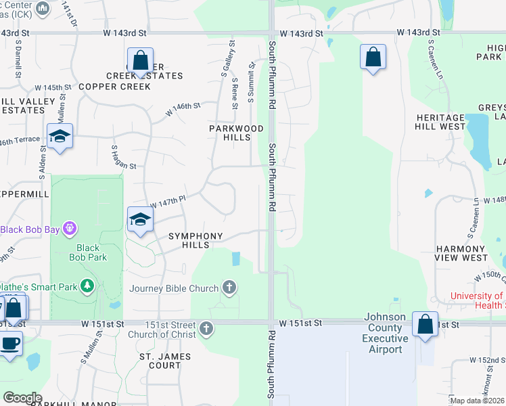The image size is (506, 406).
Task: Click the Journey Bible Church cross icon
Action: point(229,288)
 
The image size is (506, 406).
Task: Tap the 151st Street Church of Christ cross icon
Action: point(206,330)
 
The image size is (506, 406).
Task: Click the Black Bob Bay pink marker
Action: point(68,229)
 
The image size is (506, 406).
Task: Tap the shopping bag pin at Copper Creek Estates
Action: point(140,61)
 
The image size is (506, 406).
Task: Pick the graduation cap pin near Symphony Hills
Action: point(140,220)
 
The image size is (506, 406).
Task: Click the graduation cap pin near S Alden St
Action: point(60,137)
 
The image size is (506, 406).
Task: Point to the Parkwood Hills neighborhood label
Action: point(236,133)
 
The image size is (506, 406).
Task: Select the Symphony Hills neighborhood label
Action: point(195,240)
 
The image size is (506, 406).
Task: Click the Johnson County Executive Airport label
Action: point(386,333)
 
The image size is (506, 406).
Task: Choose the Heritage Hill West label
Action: point(440,122)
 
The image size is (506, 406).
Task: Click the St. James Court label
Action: point(165,361)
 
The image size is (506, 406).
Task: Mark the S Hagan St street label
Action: point(124,156)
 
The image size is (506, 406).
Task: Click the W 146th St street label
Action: point(183,109)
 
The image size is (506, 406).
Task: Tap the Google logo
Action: point(22,398)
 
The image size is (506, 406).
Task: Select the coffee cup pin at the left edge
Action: point(9,342)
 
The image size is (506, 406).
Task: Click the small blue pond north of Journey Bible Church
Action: point(235,258)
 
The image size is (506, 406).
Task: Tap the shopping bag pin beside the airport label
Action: point(425,325)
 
